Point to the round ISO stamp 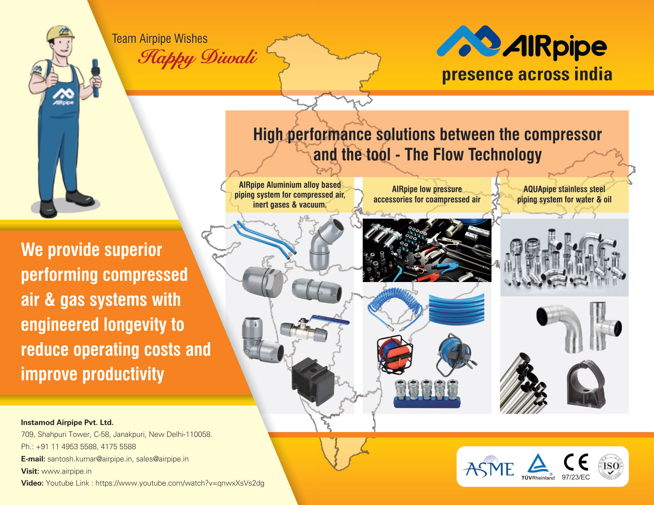click(x=611, y=467)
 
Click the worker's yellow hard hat click(x=61, y=33)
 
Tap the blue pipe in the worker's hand click(x=96, y=78)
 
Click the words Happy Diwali click(x=198, y=58)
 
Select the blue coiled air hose click(x=394, y=308)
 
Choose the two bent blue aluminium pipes click(x=264, y=239)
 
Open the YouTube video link click(x=180, y=483)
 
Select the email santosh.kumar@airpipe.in click(x=90, y=459)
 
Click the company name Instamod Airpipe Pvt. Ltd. click(x=67, y=422)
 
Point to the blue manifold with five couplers click(x=427, y=393)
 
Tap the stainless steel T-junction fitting click(x=604, y=326)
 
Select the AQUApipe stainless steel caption click(x=564, y=194)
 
